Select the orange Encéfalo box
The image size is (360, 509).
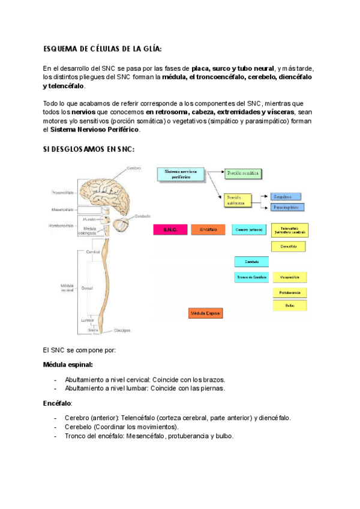208,230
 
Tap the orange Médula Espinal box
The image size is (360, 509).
205,313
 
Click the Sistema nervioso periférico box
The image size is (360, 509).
179,174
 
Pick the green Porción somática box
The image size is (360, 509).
244,173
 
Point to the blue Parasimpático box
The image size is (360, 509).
288,208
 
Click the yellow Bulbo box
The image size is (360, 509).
290,306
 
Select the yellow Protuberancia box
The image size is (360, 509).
290,292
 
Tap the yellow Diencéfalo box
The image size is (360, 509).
289,246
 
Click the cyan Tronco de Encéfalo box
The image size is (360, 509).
251,277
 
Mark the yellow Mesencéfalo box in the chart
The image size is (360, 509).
290,277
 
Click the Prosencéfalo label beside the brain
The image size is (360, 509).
62,193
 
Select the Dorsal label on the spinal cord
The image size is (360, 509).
86,288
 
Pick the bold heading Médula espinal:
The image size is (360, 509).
68,364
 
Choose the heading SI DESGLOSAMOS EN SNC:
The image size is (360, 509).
89,148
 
